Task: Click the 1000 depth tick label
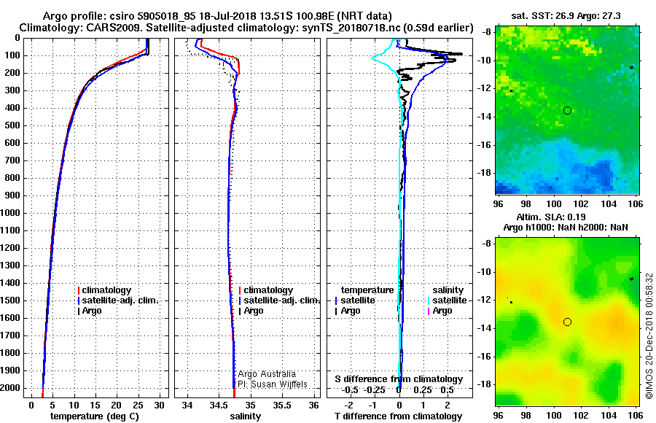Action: coord(12,213)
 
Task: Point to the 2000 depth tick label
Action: coord(12,388)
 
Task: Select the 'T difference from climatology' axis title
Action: coord(399,416)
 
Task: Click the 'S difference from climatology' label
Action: coord(399,379)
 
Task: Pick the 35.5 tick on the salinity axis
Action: coord(284,405)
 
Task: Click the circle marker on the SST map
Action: coord(567,110)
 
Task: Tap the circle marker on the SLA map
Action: coord(567,322)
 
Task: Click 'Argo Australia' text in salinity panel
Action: coord(267,373)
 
